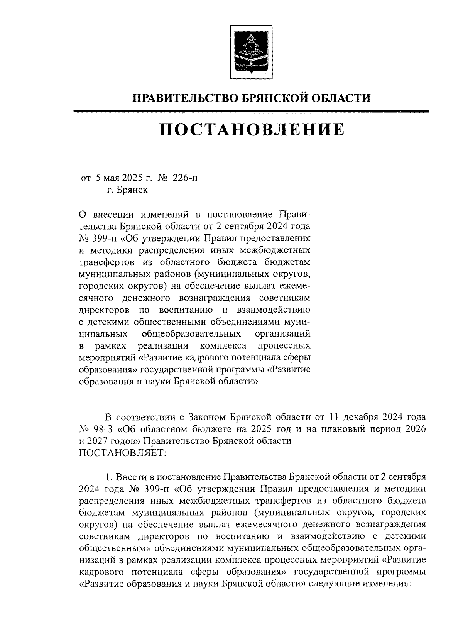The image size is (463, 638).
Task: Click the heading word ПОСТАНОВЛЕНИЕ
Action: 251,130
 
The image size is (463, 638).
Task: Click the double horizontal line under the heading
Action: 251,112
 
